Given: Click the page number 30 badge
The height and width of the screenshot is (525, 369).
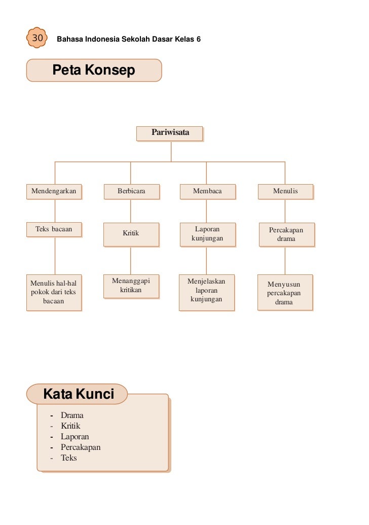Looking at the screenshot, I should click(x=37, y=39).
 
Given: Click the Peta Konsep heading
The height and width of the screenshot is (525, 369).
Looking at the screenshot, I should click(x=94, y=70).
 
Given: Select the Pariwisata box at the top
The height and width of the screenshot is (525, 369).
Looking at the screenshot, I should click(x=170, y=133).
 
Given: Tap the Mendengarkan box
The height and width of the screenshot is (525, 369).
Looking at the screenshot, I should click(x=54, y=191).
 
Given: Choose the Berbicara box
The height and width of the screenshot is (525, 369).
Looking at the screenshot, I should click(x=131, y=191).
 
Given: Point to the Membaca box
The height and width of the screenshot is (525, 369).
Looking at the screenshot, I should click(x=207, y=191).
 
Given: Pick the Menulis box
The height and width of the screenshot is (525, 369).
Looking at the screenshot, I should click(x=285, y=191).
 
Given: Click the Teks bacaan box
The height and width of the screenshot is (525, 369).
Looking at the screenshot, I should click(x=54, y=229).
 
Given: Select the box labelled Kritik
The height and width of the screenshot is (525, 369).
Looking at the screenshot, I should click(x=131, y=234).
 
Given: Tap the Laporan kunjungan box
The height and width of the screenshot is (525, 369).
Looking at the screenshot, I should click(x=207, y=234).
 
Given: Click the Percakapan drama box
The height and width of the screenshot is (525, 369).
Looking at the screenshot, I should click(x=286, y=234).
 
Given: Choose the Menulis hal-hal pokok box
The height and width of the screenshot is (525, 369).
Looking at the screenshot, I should click(x=54, y=292).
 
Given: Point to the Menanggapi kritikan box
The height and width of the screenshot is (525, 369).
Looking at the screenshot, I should click(x=131, y=286).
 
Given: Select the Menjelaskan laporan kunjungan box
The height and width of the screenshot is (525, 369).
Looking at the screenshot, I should click(x=207, y=292).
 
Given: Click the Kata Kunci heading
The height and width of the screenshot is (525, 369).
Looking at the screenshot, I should click(x=79, y=394).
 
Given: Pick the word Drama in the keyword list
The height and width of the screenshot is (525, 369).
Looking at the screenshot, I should click(x=72, y=415).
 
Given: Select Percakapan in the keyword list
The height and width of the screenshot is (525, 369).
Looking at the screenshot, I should click(x=81, y=447).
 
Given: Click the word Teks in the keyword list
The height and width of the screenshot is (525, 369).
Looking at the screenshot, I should click(x=69, y=458).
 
